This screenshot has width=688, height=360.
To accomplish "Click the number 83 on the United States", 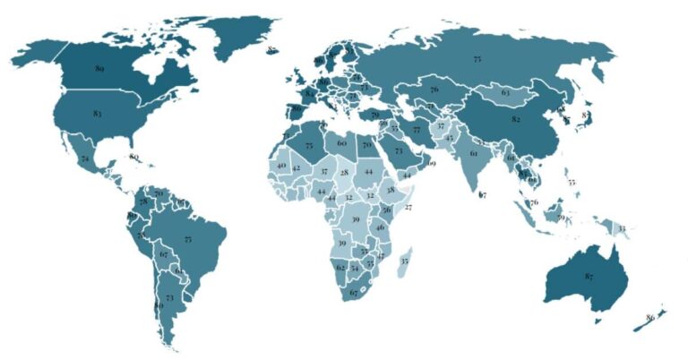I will pos(97,115).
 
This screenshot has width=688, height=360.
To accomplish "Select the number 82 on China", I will pos(516,119).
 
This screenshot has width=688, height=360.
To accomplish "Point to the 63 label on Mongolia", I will pos(506,92).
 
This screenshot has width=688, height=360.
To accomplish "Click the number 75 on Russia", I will pos(477,58).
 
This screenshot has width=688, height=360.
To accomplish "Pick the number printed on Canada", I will pos(99,68).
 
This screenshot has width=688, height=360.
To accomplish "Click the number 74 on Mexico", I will pos(84,159).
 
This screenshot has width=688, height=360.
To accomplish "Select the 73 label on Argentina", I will pos(169,296).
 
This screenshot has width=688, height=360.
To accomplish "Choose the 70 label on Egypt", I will pos(366,144).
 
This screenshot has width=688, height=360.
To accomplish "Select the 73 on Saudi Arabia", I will pos(399,151).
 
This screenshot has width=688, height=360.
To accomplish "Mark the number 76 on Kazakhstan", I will pos(434,90).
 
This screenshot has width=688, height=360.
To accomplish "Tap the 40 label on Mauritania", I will pos(281,167).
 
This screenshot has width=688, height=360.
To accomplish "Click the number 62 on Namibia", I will pos(340,267).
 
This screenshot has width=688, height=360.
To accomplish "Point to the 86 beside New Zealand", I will pos(650,316).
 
